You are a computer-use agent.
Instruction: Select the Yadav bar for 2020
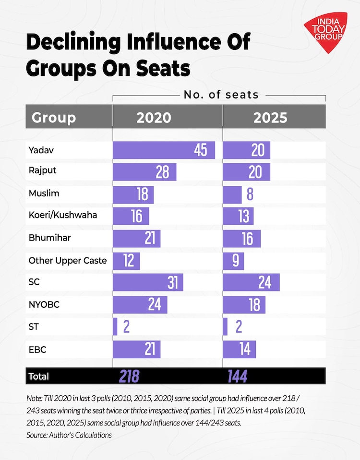point(164,150)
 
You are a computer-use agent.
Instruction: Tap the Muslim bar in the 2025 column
point(233,194)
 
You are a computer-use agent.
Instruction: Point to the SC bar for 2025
point(252,282)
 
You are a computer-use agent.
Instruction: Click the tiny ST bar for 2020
point(115,327)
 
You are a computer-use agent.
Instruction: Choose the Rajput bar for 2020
point(144,172)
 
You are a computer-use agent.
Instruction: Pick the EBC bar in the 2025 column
point(240,349)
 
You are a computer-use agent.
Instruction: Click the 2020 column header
point(154,118)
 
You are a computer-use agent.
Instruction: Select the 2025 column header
point(270,118)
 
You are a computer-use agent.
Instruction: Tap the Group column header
point(54,118)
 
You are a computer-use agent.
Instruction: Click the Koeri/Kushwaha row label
point(63,215)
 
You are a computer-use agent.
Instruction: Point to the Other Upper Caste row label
point(68,261)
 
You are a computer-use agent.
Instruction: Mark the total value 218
point(129,376)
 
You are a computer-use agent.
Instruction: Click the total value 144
point(237,376)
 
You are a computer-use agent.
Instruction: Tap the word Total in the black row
point(39,376)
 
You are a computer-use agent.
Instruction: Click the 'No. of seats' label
point(221,95)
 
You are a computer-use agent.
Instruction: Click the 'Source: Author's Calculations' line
point(69,435)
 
